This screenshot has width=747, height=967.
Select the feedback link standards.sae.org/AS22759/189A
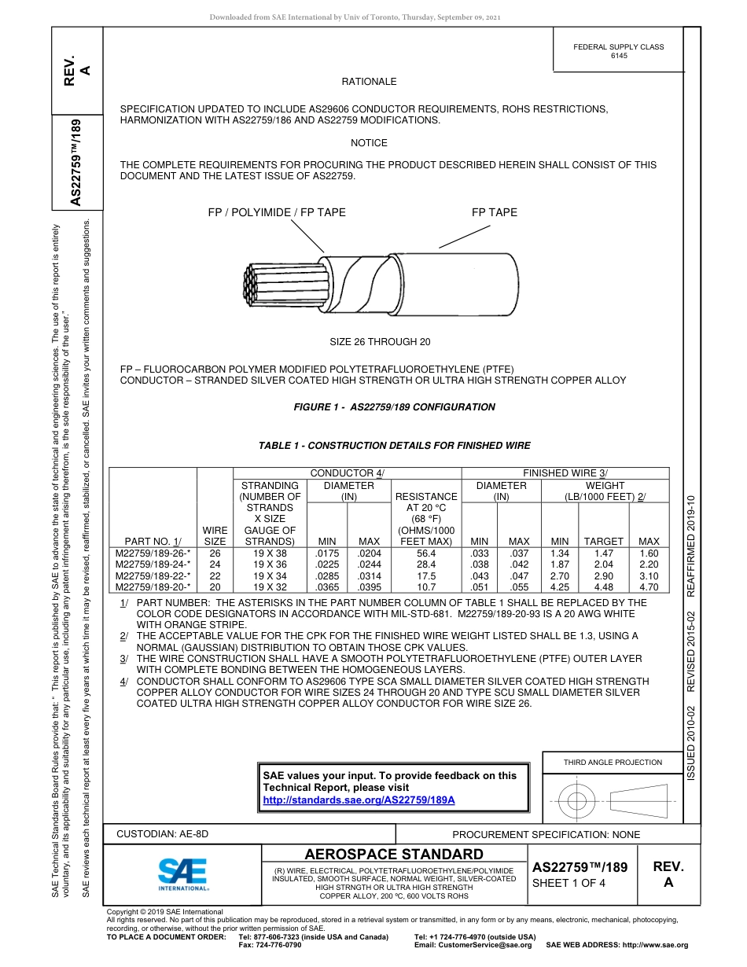click(359, 800)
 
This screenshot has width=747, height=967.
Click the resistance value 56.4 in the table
click(426, 553)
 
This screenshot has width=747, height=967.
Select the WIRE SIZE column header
click(215, 536)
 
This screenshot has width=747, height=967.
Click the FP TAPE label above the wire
click(494, 212)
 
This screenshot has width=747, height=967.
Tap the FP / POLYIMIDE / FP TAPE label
click(276, 212)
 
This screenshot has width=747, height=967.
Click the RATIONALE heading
click(369, 82)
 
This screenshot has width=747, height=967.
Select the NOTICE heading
click(369, 143)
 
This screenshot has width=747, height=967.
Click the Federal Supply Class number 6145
click(619, 57)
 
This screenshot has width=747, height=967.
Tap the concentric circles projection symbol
click(577, 801)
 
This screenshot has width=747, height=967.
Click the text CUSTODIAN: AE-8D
click(163, 834)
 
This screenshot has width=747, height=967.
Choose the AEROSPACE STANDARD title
click(394, 855)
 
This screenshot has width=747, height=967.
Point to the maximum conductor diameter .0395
click(369, 586)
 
